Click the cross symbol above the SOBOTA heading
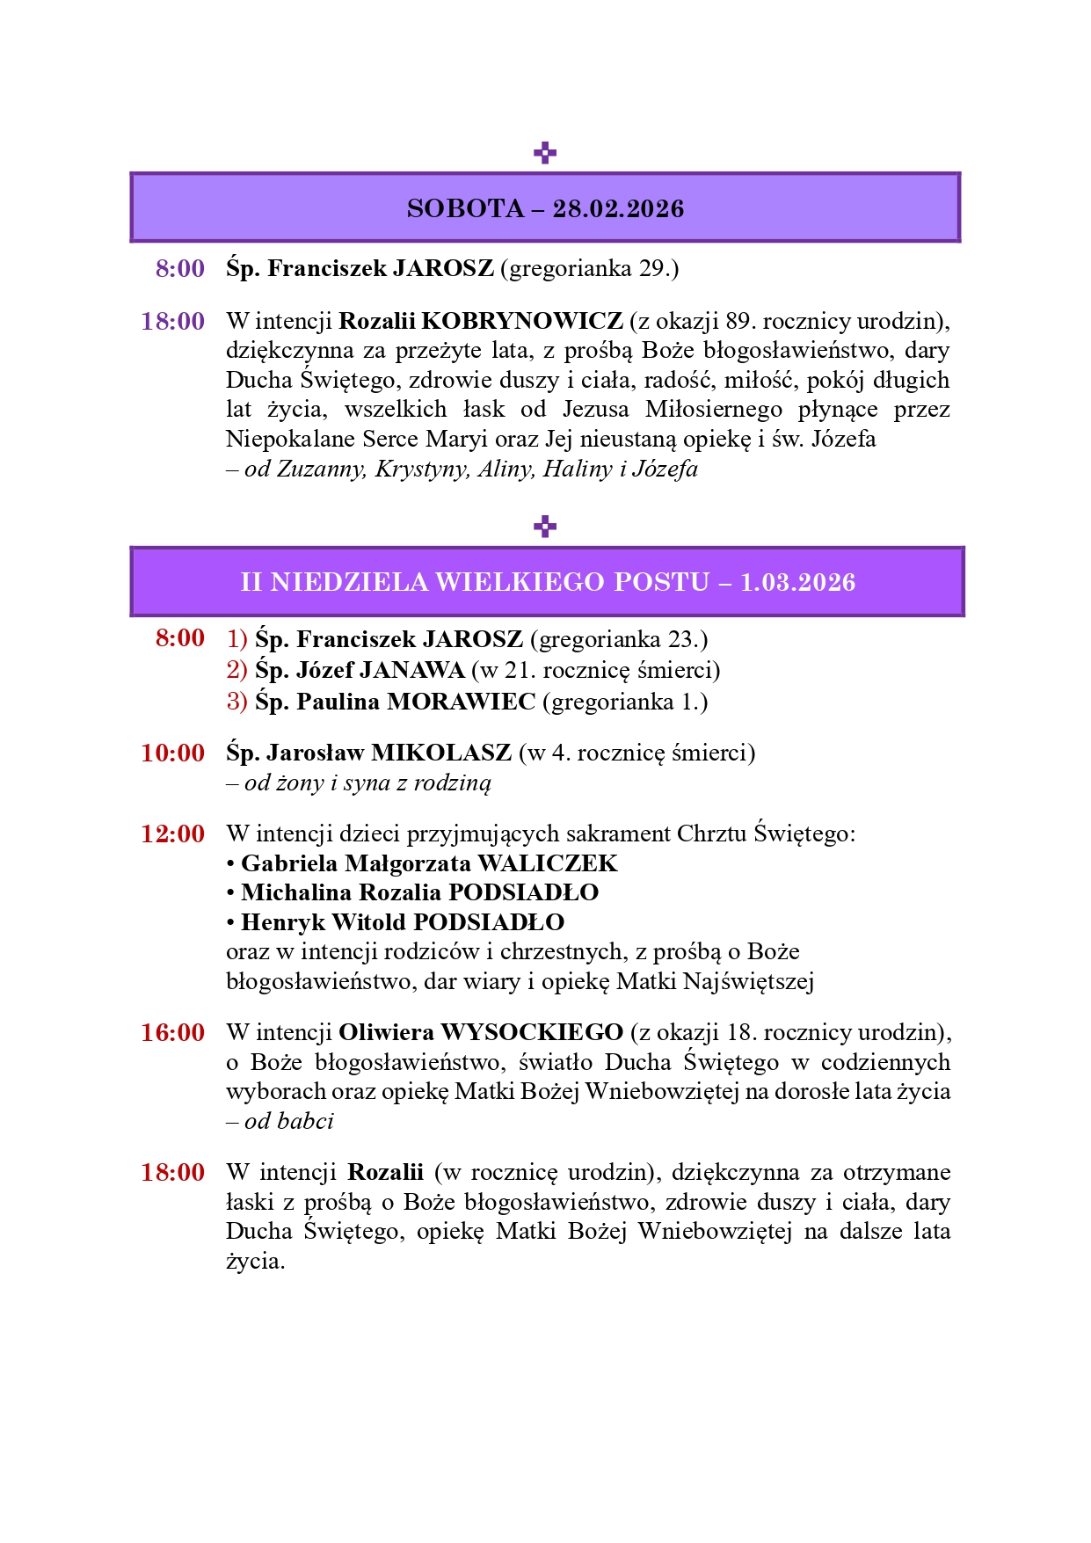tap(545, 153)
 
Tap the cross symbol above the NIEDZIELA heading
tap(545, 527)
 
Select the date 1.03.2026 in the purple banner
tap(797, 582)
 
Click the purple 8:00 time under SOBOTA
tap(180, 268)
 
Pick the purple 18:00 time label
tap(173, 322)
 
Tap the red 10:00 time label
tap(173, 753)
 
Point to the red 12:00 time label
tap(173, 833)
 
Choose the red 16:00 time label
tap(173, 1032)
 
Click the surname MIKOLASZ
tap(441, 753)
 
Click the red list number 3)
tap(236, 702)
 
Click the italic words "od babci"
tap(289, 1121)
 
